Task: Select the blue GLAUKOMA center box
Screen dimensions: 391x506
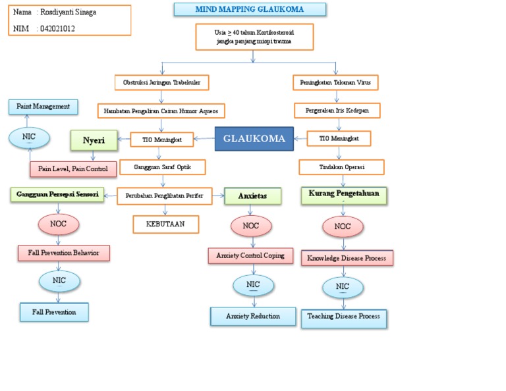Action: pyautogui.click(x=254, y=138)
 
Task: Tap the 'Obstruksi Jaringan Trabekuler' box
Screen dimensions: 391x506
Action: pyautogui.click(x=161, y=82)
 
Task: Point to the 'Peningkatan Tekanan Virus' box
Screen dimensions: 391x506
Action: pyautogui.click(x=335, y=82)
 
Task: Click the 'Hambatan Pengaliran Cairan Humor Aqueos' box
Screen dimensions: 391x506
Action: pyautogui.click(x=161, y=110)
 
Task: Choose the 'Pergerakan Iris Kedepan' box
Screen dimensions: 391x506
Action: pyautogui.click(x=337, y=110)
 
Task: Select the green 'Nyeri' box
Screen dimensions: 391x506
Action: pyautogui.click(x=94, y=140)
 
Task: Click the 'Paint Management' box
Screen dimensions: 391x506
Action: pyautogui.click(x=43, y=106)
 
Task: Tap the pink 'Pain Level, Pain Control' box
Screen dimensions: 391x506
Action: pyautogui.click(x=73, y=169)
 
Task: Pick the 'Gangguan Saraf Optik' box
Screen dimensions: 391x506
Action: pyautogui.click(x=162, y=167)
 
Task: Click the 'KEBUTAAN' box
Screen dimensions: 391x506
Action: pyautogui.click(x=165, y=224)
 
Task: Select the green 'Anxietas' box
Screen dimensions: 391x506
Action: pyautogui.click(x=252, y=195)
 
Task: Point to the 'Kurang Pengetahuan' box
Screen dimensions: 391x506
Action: pyautogui.click(x=343, y=195)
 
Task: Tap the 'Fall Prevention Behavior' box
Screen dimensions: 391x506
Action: pyautogui.click(x=63, y=253)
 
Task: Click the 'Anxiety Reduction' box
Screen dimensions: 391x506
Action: pyautogui.click(x=253, y=316)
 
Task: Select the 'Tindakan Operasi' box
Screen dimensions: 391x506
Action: pyautogui.click(x=341, y=167)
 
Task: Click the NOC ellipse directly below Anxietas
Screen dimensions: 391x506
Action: pyautogui.click(x=250, y=226)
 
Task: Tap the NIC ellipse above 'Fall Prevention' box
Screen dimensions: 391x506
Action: pyautogui.click(x=59, y=281)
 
